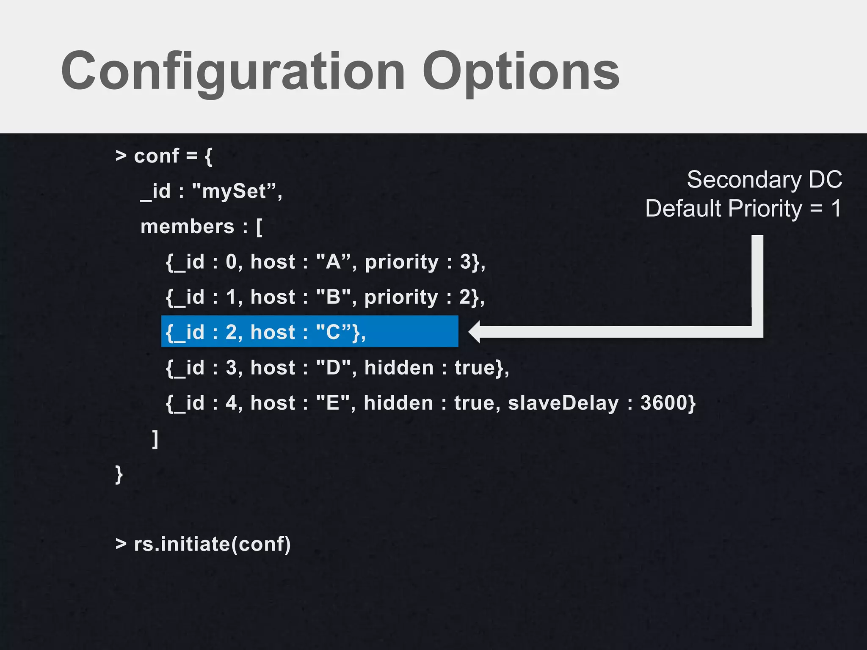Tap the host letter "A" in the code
coord(334,262)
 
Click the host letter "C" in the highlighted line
coord(334,333)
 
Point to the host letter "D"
coord(334,368)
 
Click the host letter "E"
coord(333,403)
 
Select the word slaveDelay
coord(563,403)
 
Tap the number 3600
coord(664,403)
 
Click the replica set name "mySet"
coord(234,191)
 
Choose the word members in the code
coord(187,227)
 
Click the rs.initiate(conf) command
coord(212,544)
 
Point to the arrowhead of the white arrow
coord(474,332)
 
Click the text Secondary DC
coord(764,180)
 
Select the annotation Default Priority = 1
coord(743,209)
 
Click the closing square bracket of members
coord(155,439)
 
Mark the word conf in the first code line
coord(156,156)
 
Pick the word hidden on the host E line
coord(398,403)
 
